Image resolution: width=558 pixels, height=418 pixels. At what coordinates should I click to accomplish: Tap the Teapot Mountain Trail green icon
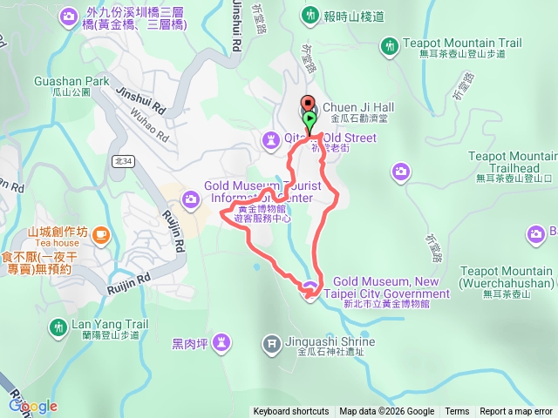389,44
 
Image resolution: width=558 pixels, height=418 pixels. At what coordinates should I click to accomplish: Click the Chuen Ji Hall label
358,107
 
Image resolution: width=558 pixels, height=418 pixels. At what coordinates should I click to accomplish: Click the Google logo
32,406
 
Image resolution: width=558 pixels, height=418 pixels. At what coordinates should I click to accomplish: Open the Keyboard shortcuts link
291,412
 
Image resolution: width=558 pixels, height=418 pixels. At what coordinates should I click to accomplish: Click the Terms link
457,412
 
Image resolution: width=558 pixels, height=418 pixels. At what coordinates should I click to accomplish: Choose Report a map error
516,412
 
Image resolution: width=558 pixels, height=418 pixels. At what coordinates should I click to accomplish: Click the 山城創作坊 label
58,232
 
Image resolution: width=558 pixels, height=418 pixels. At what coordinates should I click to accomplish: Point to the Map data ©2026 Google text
386,412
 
